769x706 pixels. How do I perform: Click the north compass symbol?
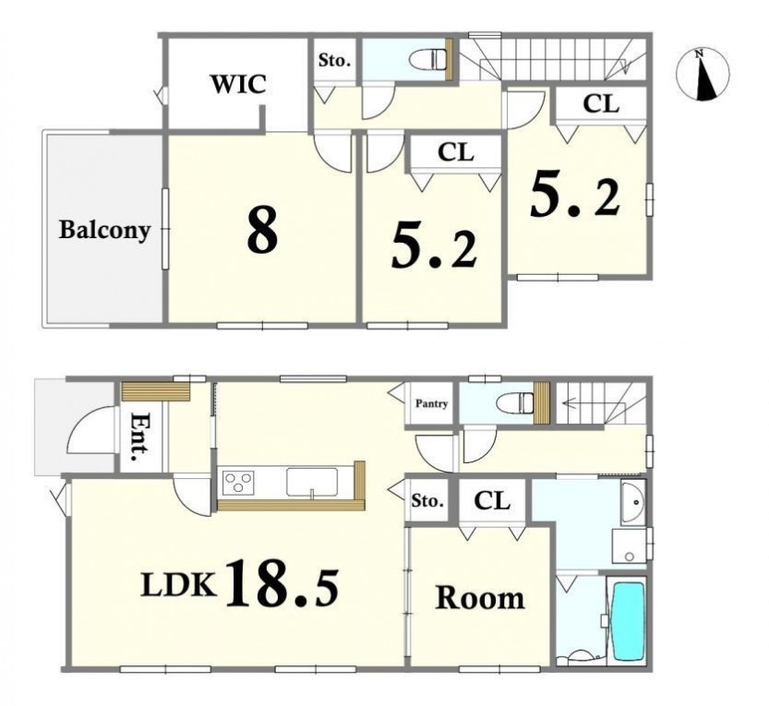(x=703, y=75)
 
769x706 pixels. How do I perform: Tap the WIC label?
(x=238, y=84)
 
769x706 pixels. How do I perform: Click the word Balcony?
(x=104, y=230)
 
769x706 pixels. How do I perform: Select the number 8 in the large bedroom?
(x=262, y=230)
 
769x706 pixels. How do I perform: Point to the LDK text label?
(x=178, y=585)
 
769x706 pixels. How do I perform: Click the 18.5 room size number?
(x=282, y=582)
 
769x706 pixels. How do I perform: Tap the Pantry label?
(x=432, y=403)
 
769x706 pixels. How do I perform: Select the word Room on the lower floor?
(x=480, y=598)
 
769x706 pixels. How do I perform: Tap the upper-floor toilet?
(x=427, y=60)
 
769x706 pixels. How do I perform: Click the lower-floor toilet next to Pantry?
(x=515, y=403)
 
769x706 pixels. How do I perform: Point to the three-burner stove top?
(x=238, y=483)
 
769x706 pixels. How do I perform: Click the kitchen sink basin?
(x=312, y=483)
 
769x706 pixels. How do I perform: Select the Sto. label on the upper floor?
(x=334, y=61)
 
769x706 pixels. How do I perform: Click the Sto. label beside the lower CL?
(x=427, y=501)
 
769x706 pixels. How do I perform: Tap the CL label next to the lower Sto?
(x=492, y=501)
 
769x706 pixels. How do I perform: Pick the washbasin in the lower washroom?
(x=633, y=503)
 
